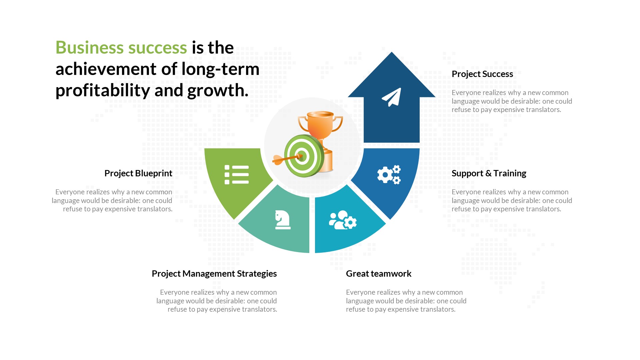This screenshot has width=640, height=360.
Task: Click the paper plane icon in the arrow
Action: (x=392, y=97)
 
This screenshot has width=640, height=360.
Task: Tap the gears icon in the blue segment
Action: (x=389, y=174)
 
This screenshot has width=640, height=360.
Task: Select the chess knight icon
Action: (x=283, y=220)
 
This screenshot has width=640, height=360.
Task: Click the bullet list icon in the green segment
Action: (x=237, y=175)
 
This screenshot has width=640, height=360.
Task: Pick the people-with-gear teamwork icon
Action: (x=343, y=220)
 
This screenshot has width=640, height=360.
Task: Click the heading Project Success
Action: (x=482, y=74)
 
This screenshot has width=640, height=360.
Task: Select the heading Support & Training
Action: (x=489, y=173)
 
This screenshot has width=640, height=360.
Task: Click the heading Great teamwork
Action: (x=378, y=274)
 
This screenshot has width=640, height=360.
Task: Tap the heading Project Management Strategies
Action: (x=214, y=274)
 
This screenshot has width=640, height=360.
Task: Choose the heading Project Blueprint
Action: (x=138, y=173)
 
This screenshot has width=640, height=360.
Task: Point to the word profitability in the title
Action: (x=103, y=91)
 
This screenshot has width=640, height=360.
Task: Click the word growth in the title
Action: (x=218, y=91)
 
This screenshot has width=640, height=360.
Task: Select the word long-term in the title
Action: (x=220, y=69)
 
